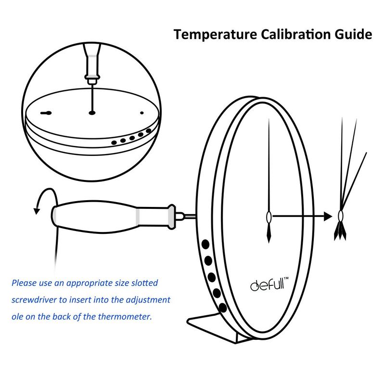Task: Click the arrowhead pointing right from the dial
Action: coord(328,216)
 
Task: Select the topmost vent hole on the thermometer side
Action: coord(206,245)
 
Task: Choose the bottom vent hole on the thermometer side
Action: coord(222,307)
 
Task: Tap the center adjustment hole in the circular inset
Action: coord(91,114)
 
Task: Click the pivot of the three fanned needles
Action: coord(341,216)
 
